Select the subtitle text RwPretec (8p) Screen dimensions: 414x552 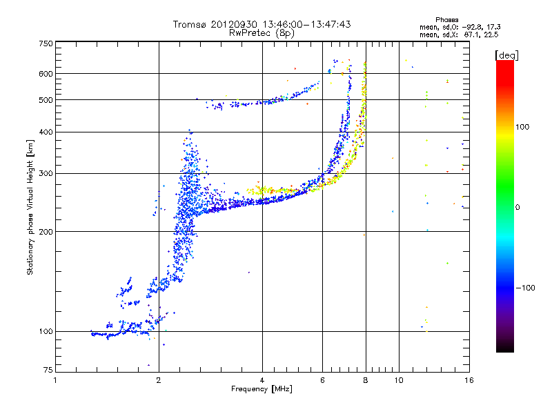(262, 32)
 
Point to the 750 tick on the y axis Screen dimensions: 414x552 (46, 43)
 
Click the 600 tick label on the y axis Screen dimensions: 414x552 (46, 73)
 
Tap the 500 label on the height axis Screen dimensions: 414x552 (46, 99)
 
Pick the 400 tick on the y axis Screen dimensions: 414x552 (46, 132)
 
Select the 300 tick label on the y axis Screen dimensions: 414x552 (46, 173)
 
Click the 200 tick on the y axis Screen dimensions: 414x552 (46, 231)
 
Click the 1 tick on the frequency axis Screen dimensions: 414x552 (56, 380)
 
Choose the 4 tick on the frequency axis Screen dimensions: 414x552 (262, 380)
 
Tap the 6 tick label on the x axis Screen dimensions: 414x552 (323, 380)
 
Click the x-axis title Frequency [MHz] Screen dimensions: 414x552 (262, 389)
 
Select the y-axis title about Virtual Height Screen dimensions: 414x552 (30, 207)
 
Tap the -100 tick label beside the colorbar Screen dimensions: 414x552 (524, 287)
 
